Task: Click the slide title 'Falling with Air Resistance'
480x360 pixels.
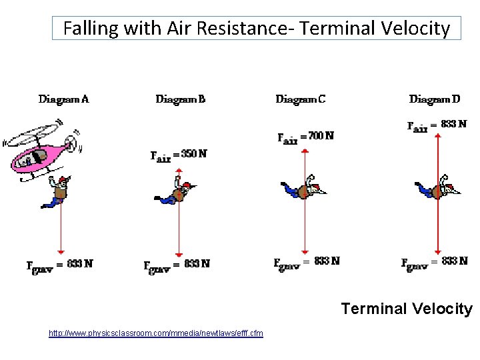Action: coord(257,29)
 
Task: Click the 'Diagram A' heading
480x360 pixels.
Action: coord(64,99)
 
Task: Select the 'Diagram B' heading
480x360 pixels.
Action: coord(181,99)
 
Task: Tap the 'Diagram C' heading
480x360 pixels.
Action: coord(301,99)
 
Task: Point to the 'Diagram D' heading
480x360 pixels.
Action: coord(435,99)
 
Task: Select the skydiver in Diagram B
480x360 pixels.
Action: coord(177,193)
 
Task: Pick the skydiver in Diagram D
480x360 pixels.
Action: coord(438,189)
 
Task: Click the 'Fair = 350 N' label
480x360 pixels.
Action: coord(178,155)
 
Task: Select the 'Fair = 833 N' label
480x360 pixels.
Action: coord(437,125)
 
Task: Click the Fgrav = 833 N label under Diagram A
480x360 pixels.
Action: coord(59,265)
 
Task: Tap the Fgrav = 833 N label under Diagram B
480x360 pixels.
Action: coord(177,265)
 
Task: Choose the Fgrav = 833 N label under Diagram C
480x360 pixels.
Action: coord(307,262)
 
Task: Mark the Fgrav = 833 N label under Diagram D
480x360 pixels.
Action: coord(434,262)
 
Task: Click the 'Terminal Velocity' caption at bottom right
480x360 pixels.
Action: coord(406,309)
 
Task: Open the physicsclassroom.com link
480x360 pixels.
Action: coord(155,333)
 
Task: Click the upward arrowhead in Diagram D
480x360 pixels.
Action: coord(437,135)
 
